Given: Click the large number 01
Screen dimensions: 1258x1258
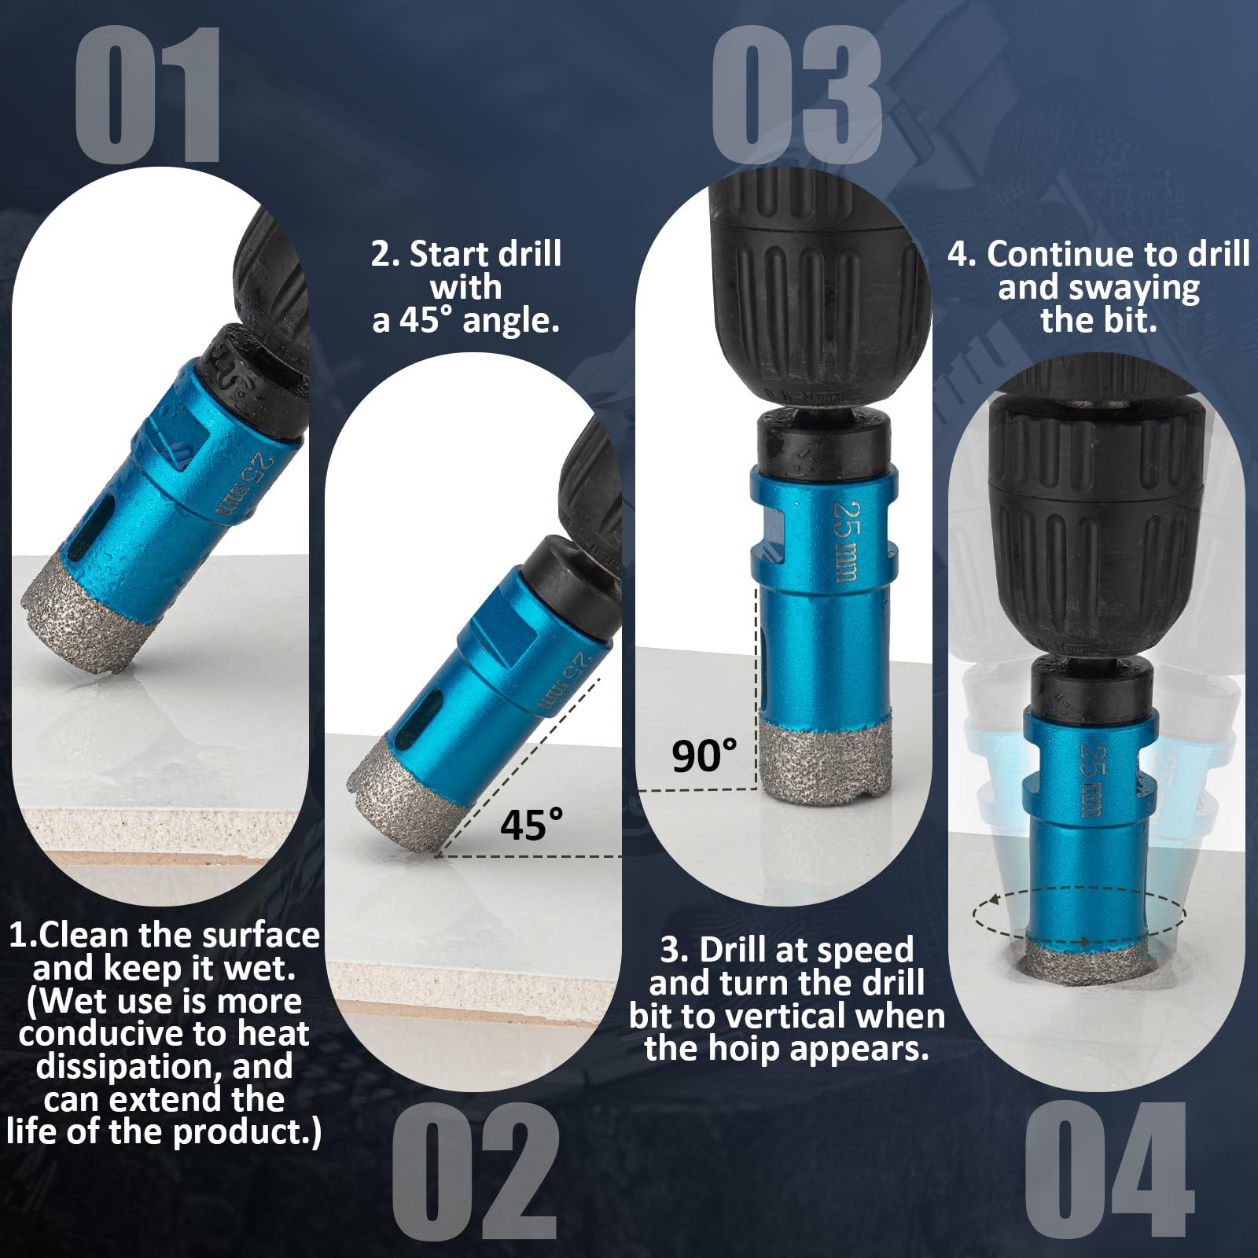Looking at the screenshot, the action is (148, 95).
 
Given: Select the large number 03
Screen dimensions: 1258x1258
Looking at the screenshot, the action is (796, 95).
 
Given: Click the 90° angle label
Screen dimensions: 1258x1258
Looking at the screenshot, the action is (705, 756).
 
